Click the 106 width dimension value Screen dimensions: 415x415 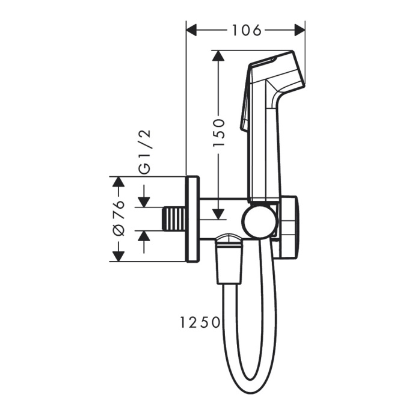247,29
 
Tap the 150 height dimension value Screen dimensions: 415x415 219,133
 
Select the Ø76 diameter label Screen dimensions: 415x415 118,220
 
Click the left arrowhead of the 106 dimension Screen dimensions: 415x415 192,29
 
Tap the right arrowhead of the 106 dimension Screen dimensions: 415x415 300,29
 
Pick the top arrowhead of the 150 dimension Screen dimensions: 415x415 219,56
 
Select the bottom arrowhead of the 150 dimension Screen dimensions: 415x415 219,212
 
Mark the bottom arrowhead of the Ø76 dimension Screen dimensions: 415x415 118,256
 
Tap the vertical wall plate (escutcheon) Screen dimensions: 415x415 192,220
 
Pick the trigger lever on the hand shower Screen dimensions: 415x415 245,108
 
